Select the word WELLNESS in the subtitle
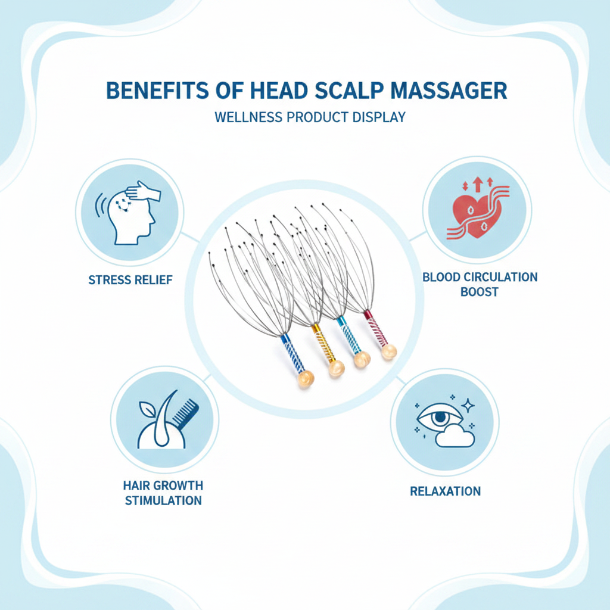pos(248,117)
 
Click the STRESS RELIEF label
pos(130,280)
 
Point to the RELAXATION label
pos(446,491)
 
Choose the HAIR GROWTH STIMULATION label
pos(163,493)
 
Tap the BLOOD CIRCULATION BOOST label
pos(480,284)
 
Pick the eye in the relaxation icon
pos(439,418)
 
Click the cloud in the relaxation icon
pos(455,436)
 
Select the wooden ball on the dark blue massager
pos(306,378)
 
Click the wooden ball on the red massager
pos(388,351)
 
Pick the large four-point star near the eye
pos(468,405)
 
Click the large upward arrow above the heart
pos(477,184)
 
